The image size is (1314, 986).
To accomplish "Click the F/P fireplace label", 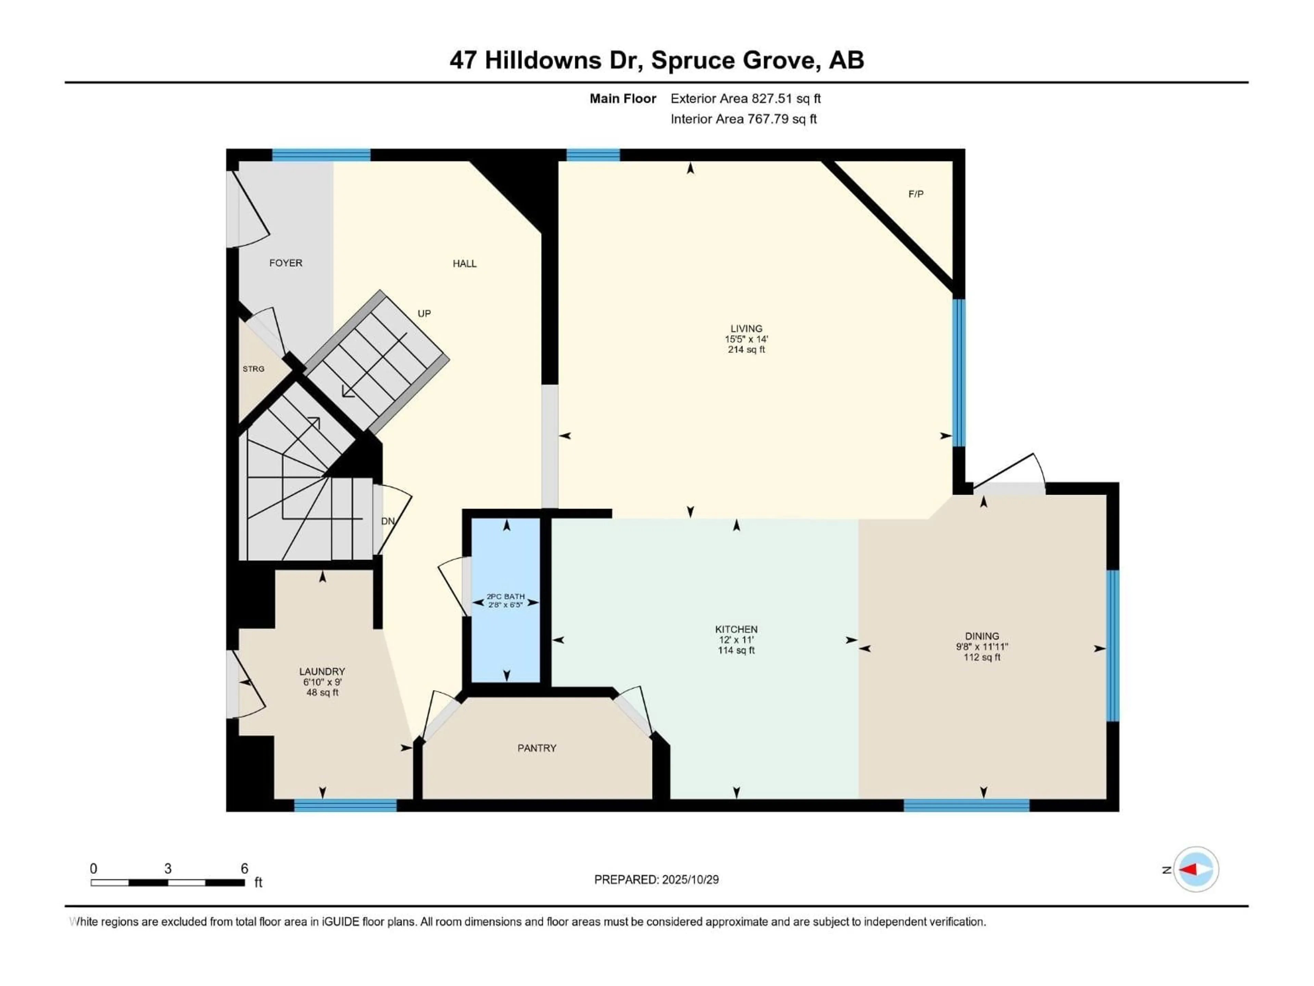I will pos(915,194).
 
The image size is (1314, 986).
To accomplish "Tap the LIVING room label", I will pos(746,329).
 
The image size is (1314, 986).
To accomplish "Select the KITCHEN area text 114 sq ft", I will pos(736,651).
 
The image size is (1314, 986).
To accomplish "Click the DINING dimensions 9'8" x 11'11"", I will pos(982,647).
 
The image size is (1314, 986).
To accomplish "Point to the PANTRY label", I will pos(537,748).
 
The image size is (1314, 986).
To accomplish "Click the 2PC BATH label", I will pos(505,597).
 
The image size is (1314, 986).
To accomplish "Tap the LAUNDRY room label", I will pos(322,672).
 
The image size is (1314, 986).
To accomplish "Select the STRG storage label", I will pos(253,369).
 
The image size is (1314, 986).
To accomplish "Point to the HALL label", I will pos(465,264).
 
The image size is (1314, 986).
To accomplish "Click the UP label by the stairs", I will pos(424,314).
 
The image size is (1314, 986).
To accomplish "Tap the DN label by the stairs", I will pos(387,521).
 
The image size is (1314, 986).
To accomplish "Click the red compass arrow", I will pos(1189,870).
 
